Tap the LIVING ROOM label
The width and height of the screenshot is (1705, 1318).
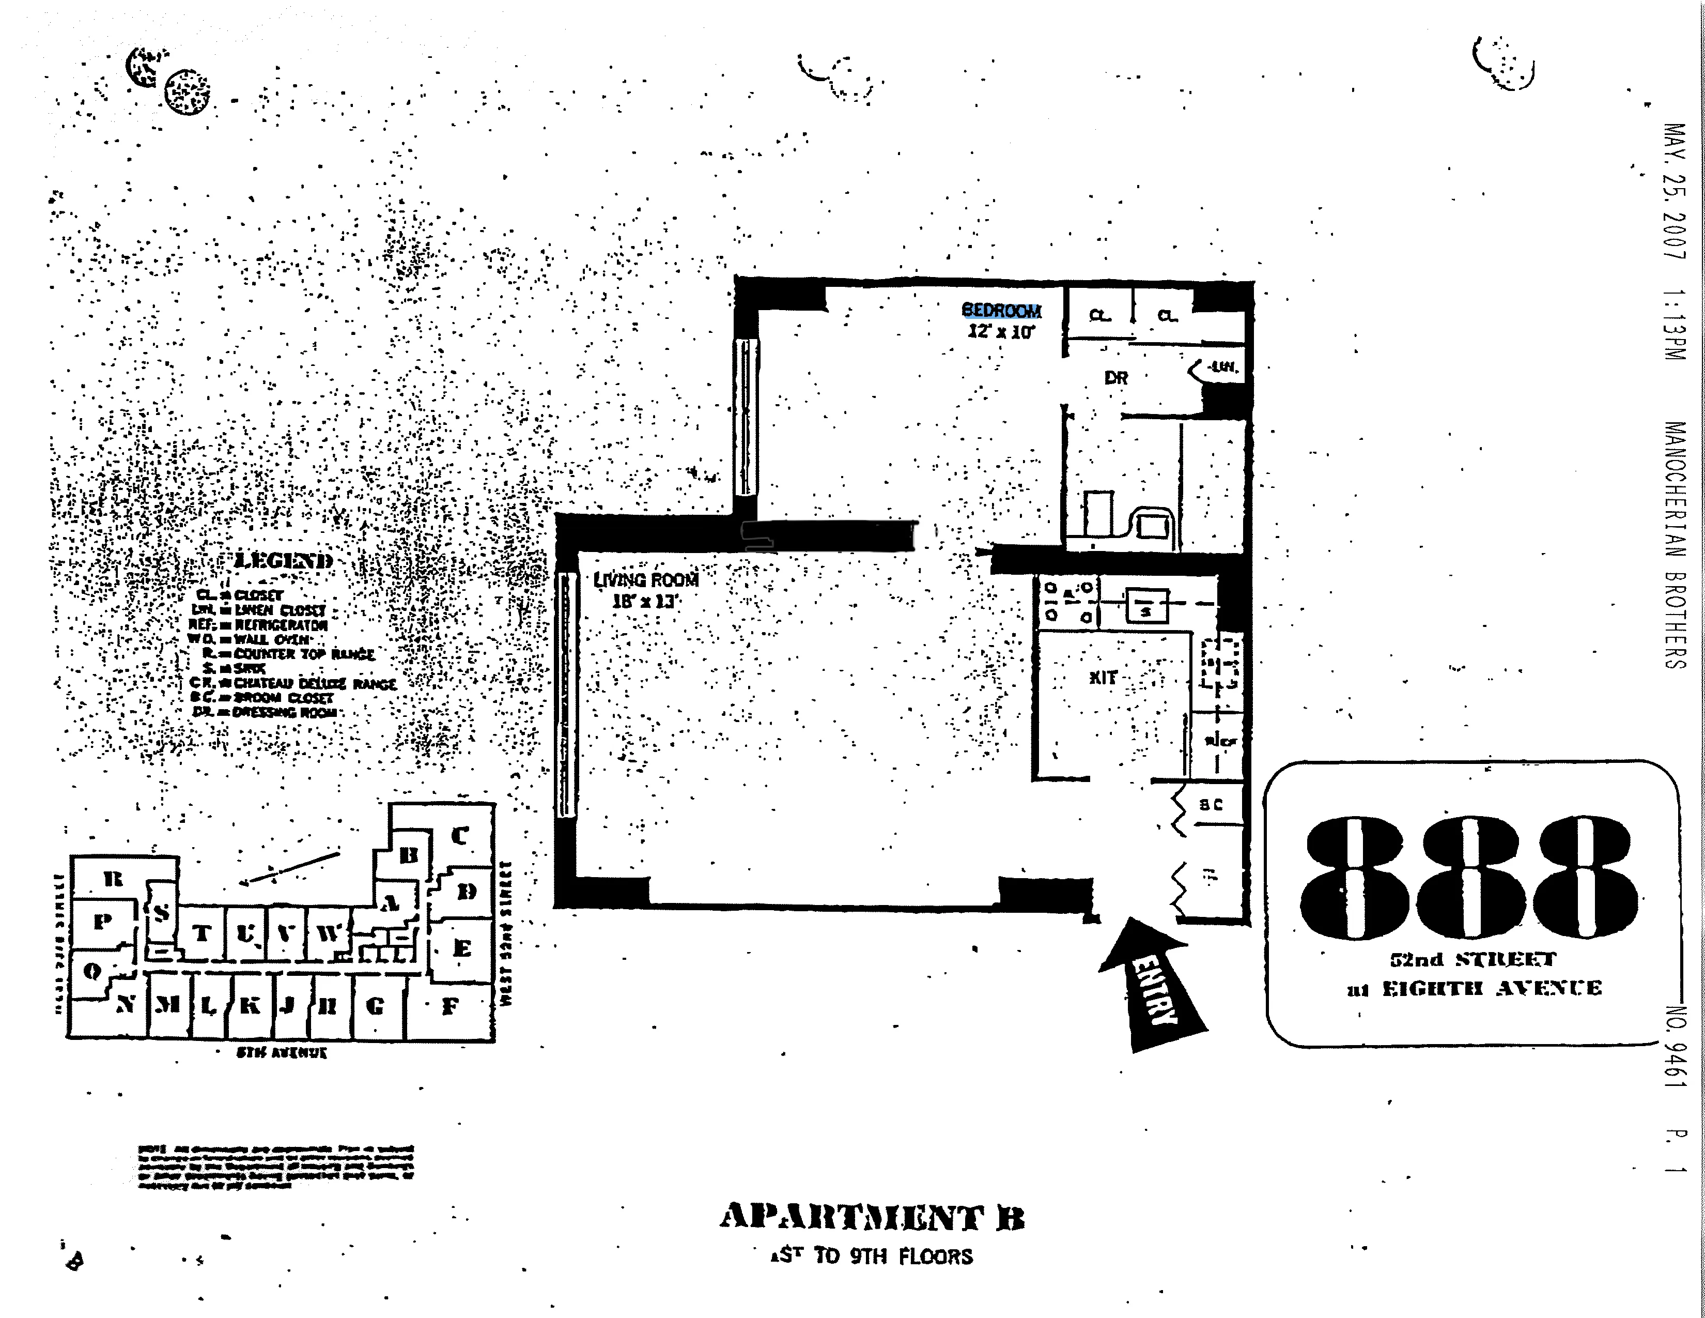pos(646,580)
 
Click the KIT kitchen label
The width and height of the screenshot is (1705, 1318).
pos(1103,678)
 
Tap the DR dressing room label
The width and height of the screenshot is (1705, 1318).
pos(1115,378)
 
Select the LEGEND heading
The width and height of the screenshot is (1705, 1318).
pos(283,561)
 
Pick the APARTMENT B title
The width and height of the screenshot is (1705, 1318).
pos(872,1217)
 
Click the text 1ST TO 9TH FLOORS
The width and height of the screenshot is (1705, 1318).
pos(872,1256)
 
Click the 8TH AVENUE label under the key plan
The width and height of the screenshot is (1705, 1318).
pos(282,1052)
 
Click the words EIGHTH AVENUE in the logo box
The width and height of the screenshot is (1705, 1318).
pos(1492,988)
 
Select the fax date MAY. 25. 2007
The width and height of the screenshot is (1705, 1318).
pos(1675,191)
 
